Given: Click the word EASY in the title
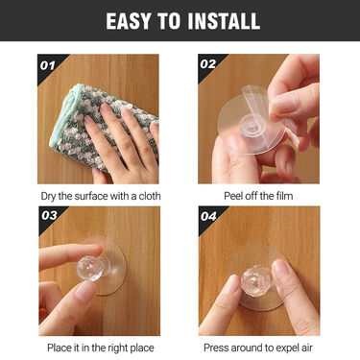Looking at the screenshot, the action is (x=128, y=21).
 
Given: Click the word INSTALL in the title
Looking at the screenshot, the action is (x=224, y=21).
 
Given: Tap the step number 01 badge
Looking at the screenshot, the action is (x=48, y=65).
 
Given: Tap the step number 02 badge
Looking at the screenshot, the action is (x=208, y=64).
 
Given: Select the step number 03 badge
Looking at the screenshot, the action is (x=49, y=215).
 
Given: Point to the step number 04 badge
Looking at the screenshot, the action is (x=208, y=217).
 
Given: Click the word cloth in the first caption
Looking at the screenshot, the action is (x=150, y=196).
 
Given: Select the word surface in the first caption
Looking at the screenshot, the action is (x=91, y=196).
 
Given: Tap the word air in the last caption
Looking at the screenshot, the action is (x=306, y=348).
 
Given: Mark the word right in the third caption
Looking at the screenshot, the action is (x=118, y=348).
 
